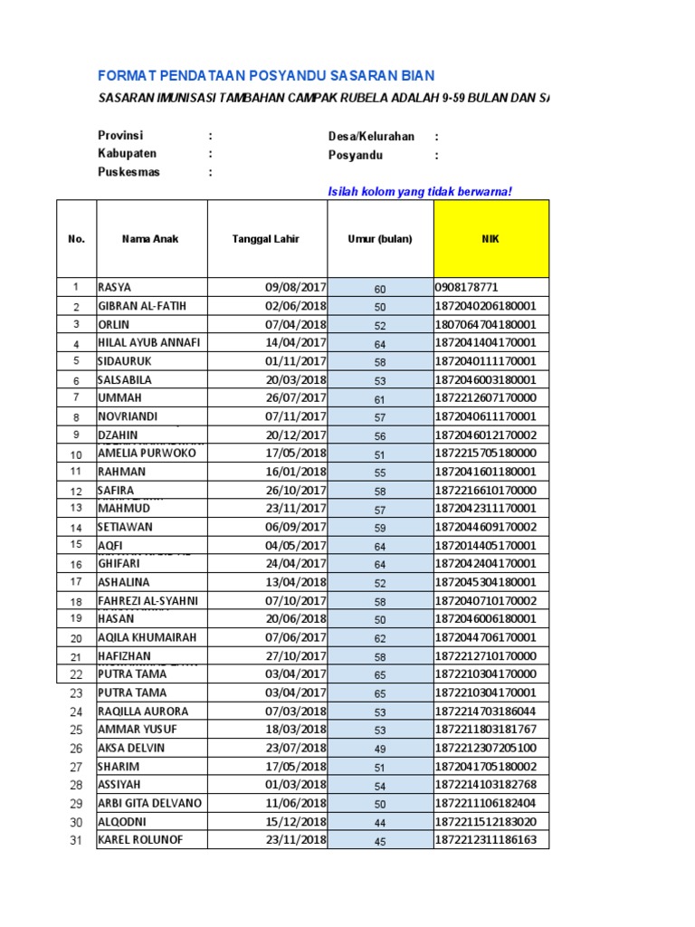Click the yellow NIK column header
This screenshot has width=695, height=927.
pos(490,239)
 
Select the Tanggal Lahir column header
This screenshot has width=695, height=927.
pos(266,239)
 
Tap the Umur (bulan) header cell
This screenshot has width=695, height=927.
pos(380,239)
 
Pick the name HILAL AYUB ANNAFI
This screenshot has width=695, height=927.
pos(148,343)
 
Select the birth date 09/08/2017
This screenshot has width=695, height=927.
pos(296,288)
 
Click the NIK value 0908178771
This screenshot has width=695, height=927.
pos(467,288)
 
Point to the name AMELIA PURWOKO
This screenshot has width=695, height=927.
pos(146,454)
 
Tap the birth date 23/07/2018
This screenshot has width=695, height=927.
pos(296,749)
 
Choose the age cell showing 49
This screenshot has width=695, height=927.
pos(380,749)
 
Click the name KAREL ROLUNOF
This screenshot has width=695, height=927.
pos(140,840)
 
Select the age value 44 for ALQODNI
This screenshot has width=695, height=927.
pos(380,822)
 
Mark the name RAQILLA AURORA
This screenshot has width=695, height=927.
pos(143,712)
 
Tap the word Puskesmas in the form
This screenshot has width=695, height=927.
pos(129,172)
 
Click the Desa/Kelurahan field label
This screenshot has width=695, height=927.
pos(371,137)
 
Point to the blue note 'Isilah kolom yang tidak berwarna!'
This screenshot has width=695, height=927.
pos(413,191)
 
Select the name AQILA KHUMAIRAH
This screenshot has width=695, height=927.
pos(148,637)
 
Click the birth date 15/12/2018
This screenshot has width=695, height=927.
pos(296,822)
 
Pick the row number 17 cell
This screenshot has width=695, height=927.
pos(76,582)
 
